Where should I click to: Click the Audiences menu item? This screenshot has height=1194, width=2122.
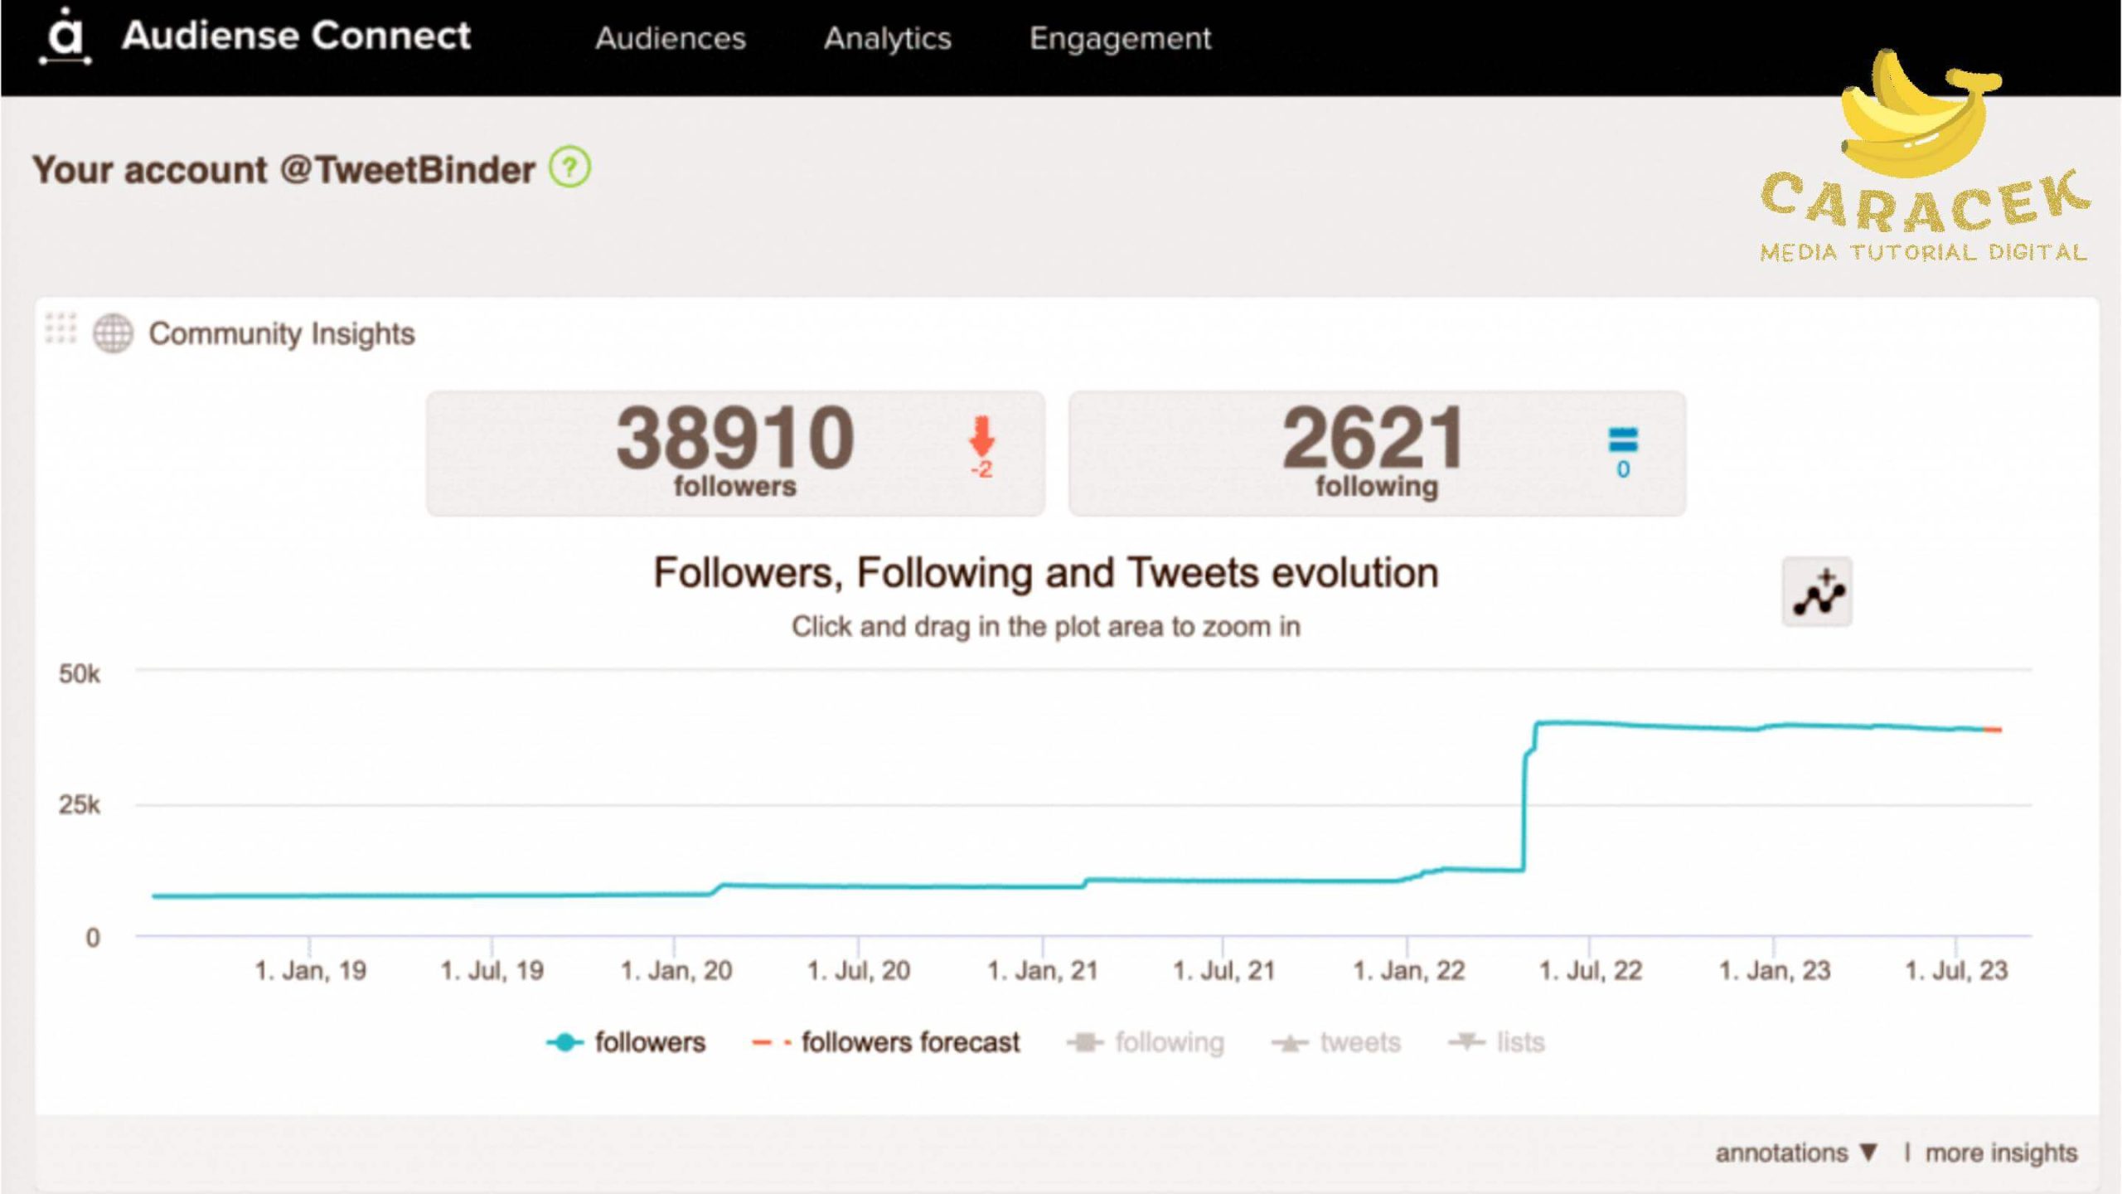point(670,38)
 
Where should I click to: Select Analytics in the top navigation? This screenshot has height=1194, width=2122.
point(887,38)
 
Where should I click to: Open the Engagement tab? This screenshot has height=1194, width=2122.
point(1120,38)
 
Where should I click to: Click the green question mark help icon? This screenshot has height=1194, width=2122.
point(569,167)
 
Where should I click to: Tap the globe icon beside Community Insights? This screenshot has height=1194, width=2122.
point(113,333)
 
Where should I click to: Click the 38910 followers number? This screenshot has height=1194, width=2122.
point(734,438)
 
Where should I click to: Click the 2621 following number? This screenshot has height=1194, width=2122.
point(1374,438)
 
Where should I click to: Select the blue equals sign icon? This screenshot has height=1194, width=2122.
point(1622,439)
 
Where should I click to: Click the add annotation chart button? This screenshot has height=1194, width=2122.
point(1817,592)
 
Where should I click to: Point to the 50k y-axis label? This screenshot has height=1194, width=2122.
point(80,673)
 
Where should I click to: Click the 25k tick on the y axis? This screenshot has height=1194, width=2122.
point(80,804)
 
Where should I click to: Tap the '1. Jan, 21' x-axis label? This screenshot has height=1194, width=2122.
point(1042,970)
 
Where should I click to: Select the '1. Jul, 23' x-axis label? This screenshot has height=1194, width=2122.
point(1956,970)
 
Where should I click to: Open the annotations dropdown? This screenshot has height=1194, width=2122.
point(1795,1153)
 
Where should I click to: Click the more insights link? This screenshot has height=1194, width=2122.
point(2001,1153)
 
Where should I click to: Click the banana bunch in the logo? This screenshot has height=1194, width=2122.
point(1915,116)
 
